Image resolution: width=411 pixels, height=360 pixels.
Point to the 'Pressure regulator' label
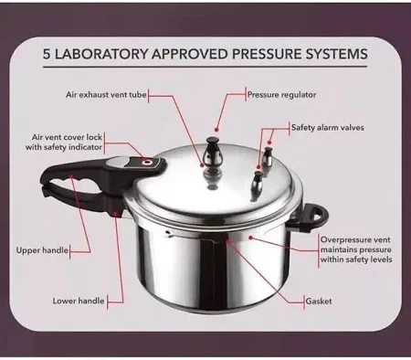283,93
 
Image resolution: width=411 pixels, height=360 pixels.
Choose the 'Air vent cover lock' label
68,141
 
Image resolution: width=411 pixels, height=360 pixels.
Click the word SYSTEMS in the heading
335,54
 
